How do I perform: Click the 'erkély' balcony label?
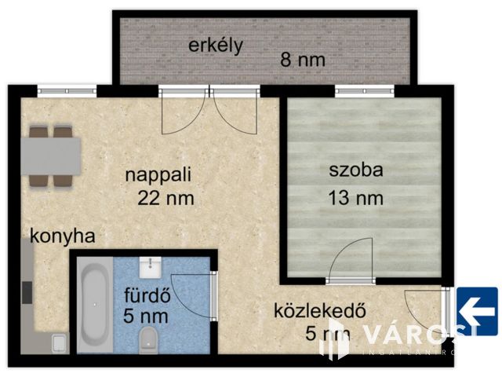click(215, 44)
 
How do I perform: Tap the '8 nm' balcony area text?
click(303, 60)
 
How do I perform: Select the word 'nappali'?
click(158, 174)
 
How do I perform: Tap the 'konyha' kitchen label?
click(63, 236)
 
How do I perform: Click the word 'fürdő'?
click(146, 297)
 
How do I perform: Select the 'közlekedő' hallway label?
click(320, 310)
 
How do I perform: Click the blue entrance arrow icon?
click(477, 308)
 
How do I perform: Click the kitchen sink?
click(56, 342)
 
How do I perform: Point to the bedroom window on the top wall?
click(365, 91)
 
